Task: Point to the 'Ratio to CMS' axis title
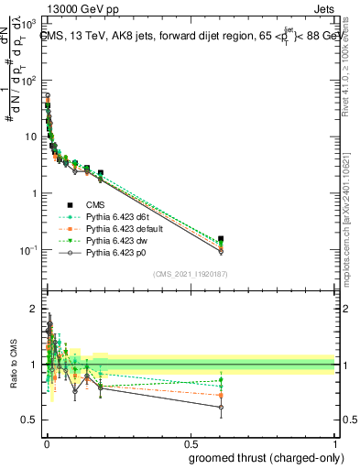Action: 14,364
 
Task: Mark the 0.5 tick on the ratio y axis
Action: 32,420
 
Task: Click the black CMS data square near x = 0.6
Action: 221,239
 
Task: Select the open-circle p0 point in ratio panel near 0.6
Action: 221,407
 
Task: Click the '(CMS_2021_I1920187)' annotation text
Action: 190,274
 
